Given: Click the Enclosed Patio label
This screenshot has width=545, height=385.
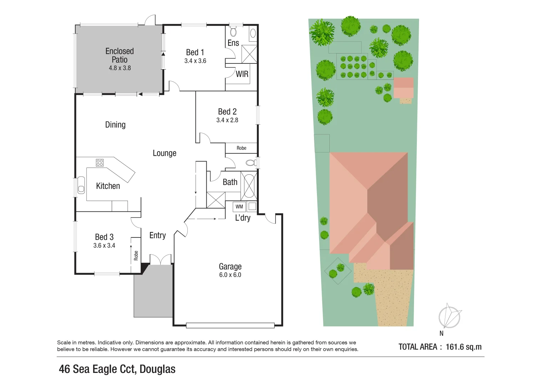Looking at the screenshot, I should (x=120, y=55).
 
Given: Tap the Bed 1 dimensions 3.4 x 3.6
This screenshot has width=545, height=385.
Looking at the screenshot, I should (x=195, y=61).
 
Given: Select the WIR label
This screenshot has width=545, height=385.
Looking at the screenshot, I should (x=242, y=74).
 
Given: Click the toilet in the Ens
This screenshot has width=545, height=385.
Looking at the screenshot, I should (x=233, y=32).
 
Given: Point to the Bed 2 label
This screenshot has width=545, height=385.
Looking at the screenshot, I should (x=227, y=112).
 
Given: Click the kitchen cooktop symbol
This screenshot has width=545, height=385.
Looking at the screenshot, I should (x=100, y=163).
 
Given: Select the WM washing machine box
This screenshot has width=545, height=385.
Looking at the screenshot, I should (x=239, y=207).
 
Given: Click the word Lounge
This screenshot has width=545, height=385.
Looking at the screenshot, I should (x=165, y=153).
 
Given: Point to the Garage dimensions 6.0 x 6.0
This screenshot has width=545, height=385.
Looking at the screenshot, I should (x=230, y=275).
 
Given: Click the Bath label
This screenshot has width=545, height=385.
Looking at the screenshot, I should (x=230, y=182).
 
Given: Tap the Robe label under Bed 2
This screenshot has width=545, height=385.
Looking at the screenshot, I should (x=241, y=148).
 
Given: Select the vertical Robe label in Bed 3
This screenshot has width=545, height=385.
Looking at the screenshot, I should (x=136, y=256).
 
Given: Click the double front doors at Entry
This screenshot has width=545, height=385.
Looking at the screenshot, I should (x=161, y=260).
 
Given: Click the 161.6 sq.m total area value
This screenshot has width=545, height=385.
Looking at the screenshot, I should (x=464, y=347).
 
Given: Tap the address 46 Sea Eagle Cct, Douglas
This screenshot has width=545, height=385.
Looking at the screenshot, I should (x=117, y=369).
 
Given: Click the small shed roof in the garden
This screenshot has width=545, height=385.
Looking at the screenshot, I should (x=404, y=88).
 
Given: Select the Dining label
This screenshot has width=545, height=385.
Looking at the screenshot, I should (x=115, y=125).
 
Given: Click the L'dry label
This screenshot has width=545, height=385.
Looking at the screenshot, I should (x=243, y=218).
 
